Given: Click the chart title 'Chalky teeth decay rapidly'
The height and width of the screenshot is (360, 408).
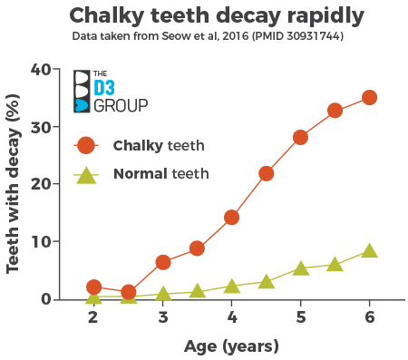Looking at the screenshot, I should point(204,15).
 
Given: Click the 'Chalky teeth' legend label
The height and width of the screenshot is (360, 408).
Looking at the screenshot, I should point(158,145).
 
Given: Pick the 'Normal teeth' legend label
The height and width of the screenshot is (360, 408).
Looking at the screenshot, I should point(160,173).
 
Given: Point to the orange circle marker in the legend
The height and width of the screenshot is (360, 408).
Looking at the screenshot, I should point(86,145).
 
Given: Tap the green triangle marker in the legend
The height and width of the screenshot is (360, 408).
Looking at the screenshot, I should point(86,174).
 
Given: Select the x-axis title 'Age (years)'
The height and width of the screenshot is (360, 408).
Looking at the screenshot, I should point(231,345).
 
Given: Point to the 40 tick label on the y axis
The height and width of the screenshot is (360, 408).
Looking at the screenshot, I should point(42,70).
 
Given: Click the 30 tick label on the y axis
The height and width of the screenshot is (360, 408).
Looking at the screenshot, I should point(42,127).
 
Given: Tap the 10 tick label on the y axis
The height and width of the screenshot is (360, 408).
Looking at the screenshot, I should point(42,242).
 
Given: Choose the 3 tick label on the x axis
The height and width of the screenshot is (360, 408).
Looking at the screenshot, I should point(162,316).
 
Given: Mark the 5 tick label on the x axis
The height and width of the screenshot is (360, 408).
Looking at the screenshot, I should point(300,316).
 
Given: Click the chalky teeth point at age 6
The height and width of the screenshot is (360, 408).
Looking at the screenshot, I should point(369,98).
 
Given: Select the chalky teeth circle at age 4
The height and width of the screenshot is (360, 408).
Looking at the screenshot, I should point(231,218).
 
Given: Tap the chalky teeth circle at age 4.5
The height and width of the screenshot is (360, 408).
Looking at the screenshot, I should point(266,173).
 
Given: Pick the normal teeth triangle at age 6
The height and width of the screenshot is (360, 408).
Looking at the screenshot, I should point(369,251).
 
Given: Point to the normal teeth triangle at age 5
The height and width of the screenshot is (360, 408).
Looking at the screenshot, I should point(300,268).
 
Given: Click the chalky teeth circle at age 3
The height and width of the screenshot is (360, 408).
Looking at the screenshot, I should point(162,262).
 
